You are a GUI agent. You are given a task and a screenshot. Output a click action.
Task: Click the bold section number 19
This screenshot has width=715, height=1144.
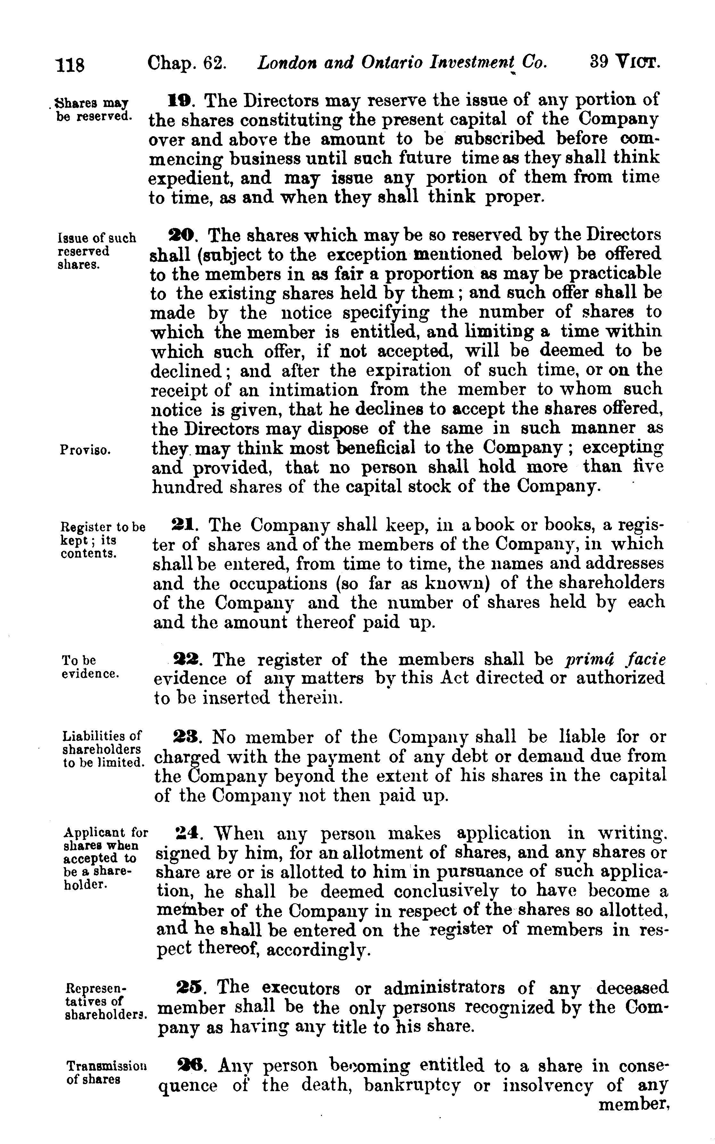[x=179, y=100]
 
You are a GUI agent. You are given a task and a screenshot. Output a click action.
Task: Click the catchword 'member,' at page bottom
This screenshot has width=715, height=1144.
[x=633, y=1105]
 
